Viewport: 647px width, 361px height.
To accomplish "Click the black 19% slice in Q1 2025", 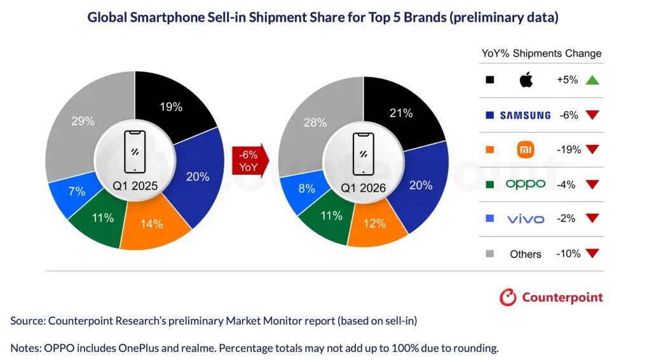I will tap(170, 107).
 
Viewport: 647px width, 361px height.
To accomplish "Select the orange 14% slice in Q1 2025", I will tap(152, 223).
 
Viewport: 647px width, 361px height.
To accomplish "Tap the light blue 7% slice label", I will tap(77, 191).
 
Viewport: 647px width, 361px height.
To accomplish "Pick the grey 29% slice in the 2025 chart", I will tap(83, 121).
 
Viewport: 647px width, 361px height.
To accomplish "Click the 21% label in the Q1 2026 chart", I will tap(400, 113).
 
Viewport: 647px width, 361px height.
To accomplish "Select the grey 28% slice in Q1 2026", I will tap(315, 122).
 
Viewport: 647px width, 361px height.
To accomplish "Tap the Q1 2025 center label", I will tap(135, 186).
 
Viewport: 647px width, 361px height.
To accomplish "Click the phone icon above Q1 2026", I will tap(364, 153).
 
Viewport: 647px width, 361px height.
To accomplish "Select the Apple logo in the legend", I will tap(526, 80).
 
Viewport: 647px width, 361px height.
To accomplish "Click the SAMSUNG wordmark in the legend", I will tap(525, 115).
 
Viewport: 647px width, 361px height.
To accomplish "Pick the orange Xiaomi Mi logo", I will tap(526, 150).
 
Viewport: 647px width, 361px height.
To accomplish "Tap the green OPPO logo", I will tap(525, 184).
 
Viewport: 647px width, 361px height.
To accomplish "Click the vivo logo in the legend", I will tap(525, 219).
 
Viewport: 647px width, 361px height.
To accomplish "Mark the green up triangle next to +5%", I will tap(592, 80).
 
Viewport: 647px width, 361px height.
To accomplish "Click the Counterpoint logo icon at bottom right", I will tap(508, 297).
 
